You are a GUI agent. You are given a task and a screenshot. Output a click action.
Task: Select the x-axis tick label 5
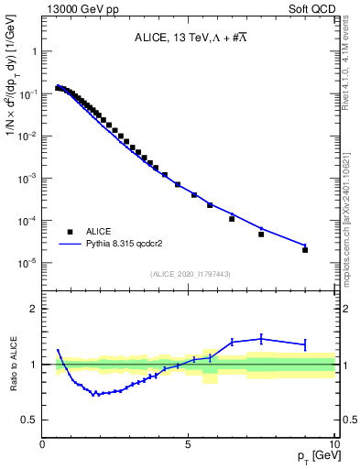pyautogui.click(x=188, y=444)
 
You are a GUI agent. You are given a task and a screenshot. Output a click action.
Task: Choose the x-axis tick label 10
pyautogui.click(x=333, y=444)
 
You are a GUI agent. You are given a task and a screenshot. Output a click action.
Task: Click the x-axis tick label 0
pyautogui.click(x=43, y=444)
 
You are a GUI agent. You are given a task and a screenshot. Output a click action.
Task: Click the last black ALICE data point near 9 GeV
pyautogui.click(x=305, y=249)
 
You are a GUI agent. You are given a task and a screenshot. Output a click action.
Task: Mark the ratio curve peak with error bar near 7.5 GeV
pyautogui.click(x=261, y=339)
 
